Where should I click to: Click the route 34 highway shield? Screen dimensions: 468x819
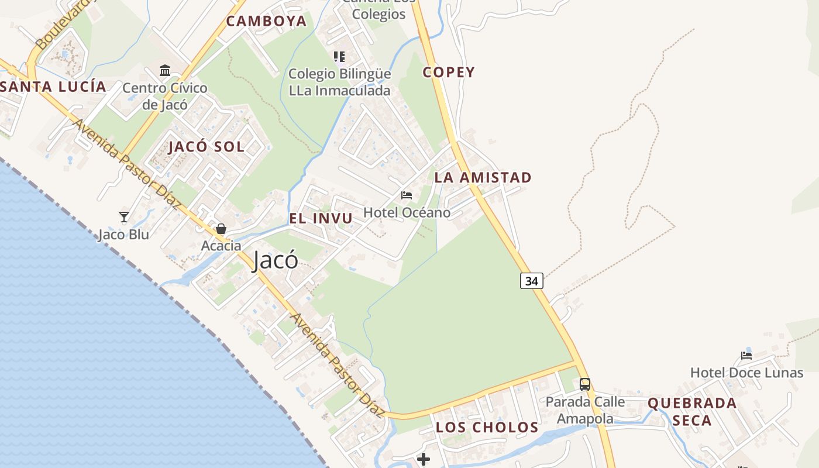pos(531,281)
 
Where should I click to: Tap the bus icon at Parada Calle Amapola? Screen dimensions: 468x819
pos(584,384)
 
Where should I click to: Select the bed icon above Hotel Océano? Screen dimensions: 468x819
pos(407,195)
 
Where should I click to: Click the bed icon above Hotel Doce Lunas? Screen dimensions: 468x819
pos(746,355)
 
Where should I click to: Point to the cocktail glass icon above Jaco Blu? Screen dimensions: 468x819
pos(124,217)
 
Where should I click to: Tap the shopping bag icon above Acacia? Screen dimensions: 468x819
pos(221,229)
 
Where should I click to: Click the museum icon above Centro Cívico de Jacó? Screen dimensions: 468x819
pos(165,71)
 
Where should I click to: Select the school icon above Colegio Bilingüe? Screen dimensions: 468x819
pos(339,57)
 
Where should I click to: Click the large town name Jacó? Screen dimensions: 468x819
pos(276,260)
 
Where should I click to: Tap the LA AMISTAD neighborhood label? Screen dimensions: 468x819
pos(483,177)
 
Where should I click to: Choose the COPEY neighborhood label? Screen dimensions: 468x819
pos(449,73)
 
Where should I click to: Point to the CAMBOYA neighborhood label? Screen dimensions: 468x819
pos(266,21)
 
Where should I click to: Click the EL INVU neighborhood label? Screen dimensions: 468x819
pos(321,218)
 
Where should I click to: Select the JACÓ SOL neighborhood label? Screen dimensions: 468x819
pos(207,146)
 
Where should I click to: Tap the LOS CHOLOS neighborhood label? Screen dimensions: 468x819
pos(487,427)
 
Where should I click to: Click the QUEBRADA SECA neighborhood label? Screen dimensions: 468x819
pos(691,411)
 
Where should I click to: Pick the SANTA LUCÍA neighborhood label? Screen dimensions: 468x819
pos(53,87)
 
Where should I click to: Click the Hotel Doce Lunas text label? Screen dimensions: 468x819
pos(746,373)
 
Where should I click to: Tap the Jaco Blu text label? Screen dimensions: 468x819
pos(123,235)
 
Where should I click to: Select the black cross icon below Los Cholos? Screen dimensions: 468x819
pos(424,459)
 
